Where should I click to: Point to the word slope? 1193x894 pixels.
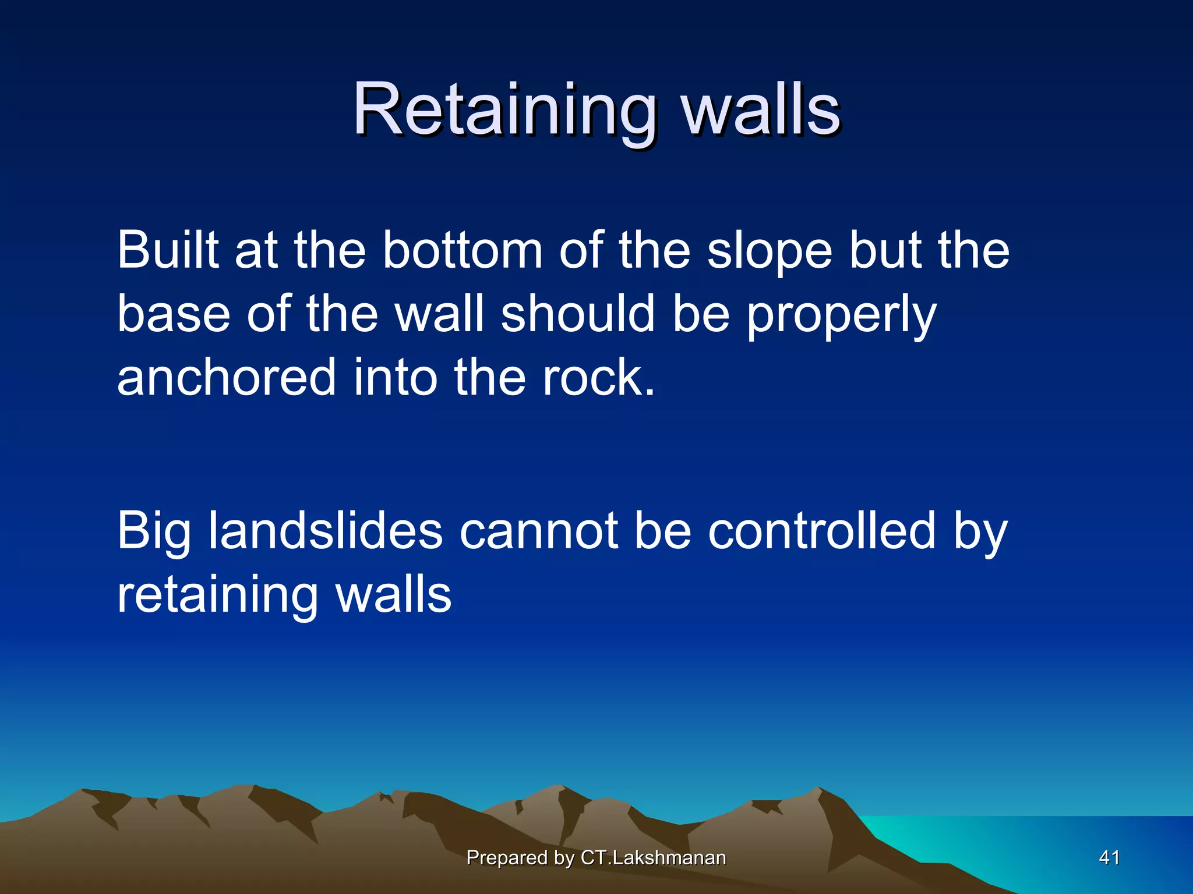click(x=770, y=251)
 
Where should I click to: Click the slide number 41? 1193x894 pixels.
click(x=1109, y=857)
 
